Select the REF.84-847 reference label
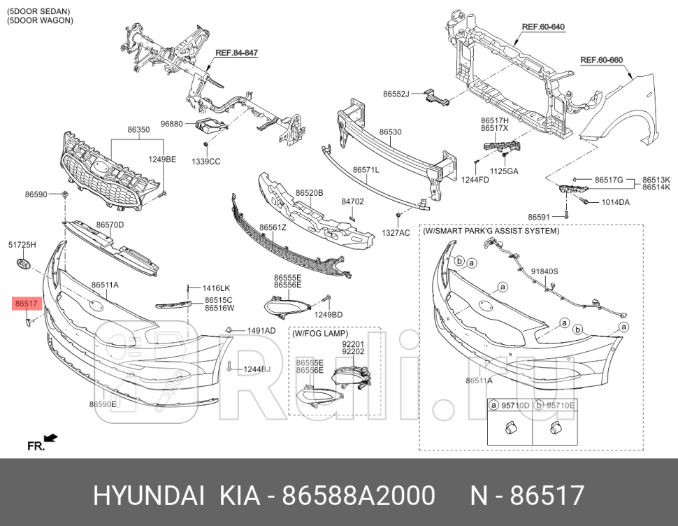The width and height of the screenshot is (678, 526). pyautogui.click(x=236, y=53)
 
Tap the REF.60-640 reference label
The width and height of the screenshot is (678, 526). pyautogui.click(x=543, y=27)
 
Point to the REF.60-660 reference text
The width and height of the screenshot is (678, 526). pyautogui.click(x=601, y=60)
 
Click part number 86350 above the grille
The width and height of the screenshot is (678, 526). pyautogui.click(x=138, y=130)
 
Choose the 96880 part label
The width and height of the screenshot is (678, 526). pyautogui.click(x=171, y=124)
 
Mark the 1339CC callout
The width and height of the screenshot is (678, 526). pyautogui.click(x=206, y=162)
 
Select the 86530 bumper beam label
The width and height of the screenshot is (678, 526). pyautogui.click(x=390, y=131)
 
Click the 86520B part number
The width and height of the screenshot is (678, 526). pyautogui.click(x=309, y=192)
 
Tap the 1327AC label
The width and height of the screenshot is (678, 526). pyautogui.click(x=396, y=232)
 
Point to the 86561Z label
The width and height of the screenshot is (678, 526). pyautogui.click(x=273, y=227)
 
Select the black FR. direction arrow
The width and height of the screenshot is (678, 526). pyautogui.click(x=50, y=439)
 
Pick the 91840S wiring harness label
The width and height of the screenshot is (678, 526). pyautogui.click(x=544, y=271)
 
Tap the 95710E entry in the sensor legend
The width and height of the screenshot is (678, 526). pyautogui.click(x=560, y=405)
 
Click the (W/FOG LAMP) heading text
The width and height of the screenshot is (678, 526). pyautogui.click(x=320, y=334)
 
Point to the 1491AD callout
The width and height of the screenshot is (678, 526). pyautogui.click(x=261, y=330)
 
